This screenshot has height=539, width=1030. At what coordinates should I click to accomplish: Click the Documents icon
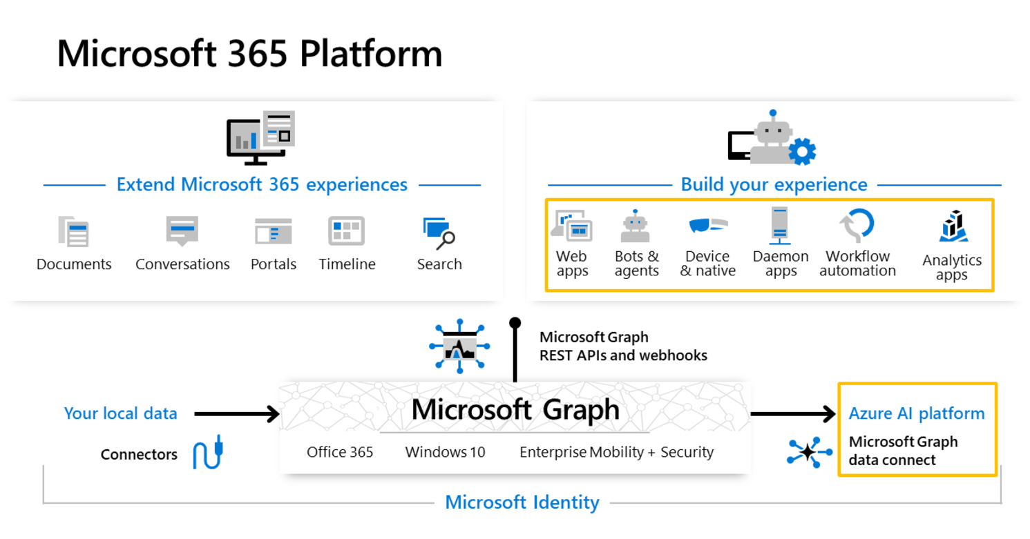pyautogui.click(x=73, y=231)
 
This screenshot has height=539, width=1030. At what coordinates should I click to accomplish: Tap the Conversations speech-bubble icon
pyautogui.click(x=182, y=231)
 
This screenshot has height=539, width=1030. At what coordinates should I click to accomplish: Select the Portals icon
pyautogui.click(x=273, y=231)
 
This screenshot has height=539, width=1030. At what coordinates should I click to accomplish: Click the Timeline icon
pyautogui.click(x=346, y=231)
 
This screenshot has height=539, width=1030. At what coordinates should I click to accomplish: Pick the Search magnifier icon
pyautogui.click(x=439, y=233)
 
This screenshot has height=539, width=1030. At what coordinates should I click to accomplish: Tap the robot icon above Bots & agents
pyautogui.click(x=636, y=226)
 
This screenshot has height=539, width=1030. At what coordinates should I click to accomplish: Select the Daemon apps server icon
pyautogui.click(x=780, y=225)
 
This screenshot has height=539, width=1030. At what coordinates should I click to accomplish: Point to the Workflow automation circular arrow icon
pyautogui.click(x=857, y=226)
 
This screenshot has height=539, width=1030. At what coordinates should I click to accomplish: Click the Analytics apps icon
pyautogui.click(x=953, y=226)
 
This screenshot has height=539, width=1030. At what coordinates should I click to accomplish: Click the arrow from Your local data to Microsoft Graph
pyautogui.click(x=236, y=414)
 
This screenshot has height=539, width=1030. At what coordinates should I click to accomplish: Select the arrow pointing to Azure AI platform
pyautogui.click(x=793, y=414)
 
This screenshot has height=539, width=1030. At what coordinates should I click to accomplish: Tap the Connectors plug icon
pyautogui.click(x=207, y=453)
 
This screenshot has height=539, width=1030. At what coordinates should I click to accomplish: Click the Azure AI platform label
pyautogui.click(x=917, y=413)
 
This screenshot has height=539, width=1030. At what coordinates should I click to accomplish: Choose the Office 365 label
pyautogui.click(x=340, y=452)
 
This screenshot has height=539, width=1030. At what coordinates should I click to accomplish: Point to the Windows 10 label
pyautogui.click(x=445, y=452)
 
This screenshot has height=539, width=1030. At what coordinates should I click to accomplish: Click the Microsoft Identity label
pyautogui.click(x=522, y=502)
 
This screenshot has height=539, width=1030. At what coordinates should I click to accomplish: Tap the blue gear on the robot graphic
pyautogui.click(x=802, y=151)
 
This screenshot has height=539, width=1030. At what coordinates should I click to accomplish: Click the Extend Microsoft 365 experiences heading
pyautogui.click(x=262, y=185)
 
